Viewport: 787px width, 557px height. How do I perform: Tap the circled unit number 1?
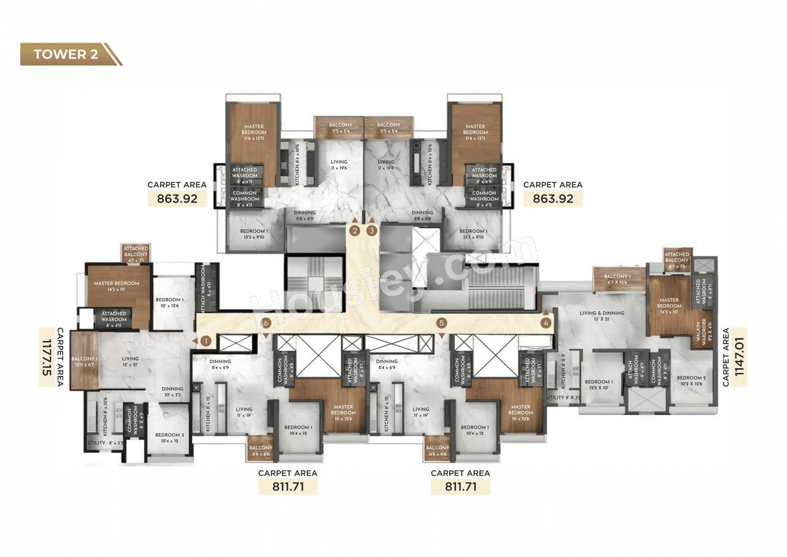[206, 340]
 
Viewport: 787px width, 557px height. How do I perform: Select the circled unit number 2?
[355, 231]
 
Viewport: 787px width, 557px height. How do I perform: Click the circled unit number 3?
[371, 231]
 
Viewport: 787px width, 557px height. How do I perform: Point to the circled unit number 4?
[545, 322]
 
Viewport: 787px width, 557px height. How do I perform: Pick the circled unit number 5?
[441, 323]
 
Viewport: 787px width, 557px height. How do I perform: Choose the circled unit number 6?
[266, 323]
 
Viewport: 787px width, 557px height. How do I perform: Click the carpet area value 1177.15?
[49, 357]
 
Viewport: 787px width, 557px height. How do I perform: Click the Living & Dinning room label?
[602, 316]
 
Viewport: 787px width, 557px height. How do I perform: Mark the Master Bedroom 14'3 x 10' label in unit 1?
[116, 287]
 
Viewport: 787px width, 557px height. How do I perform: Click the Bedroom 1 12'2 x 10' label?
[598, 385]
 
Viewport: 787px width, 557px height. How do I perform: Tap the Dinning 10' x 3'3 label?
[173, 392]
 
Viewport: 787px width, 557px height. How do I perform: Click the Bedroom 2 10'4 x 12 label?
[167, 438]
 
